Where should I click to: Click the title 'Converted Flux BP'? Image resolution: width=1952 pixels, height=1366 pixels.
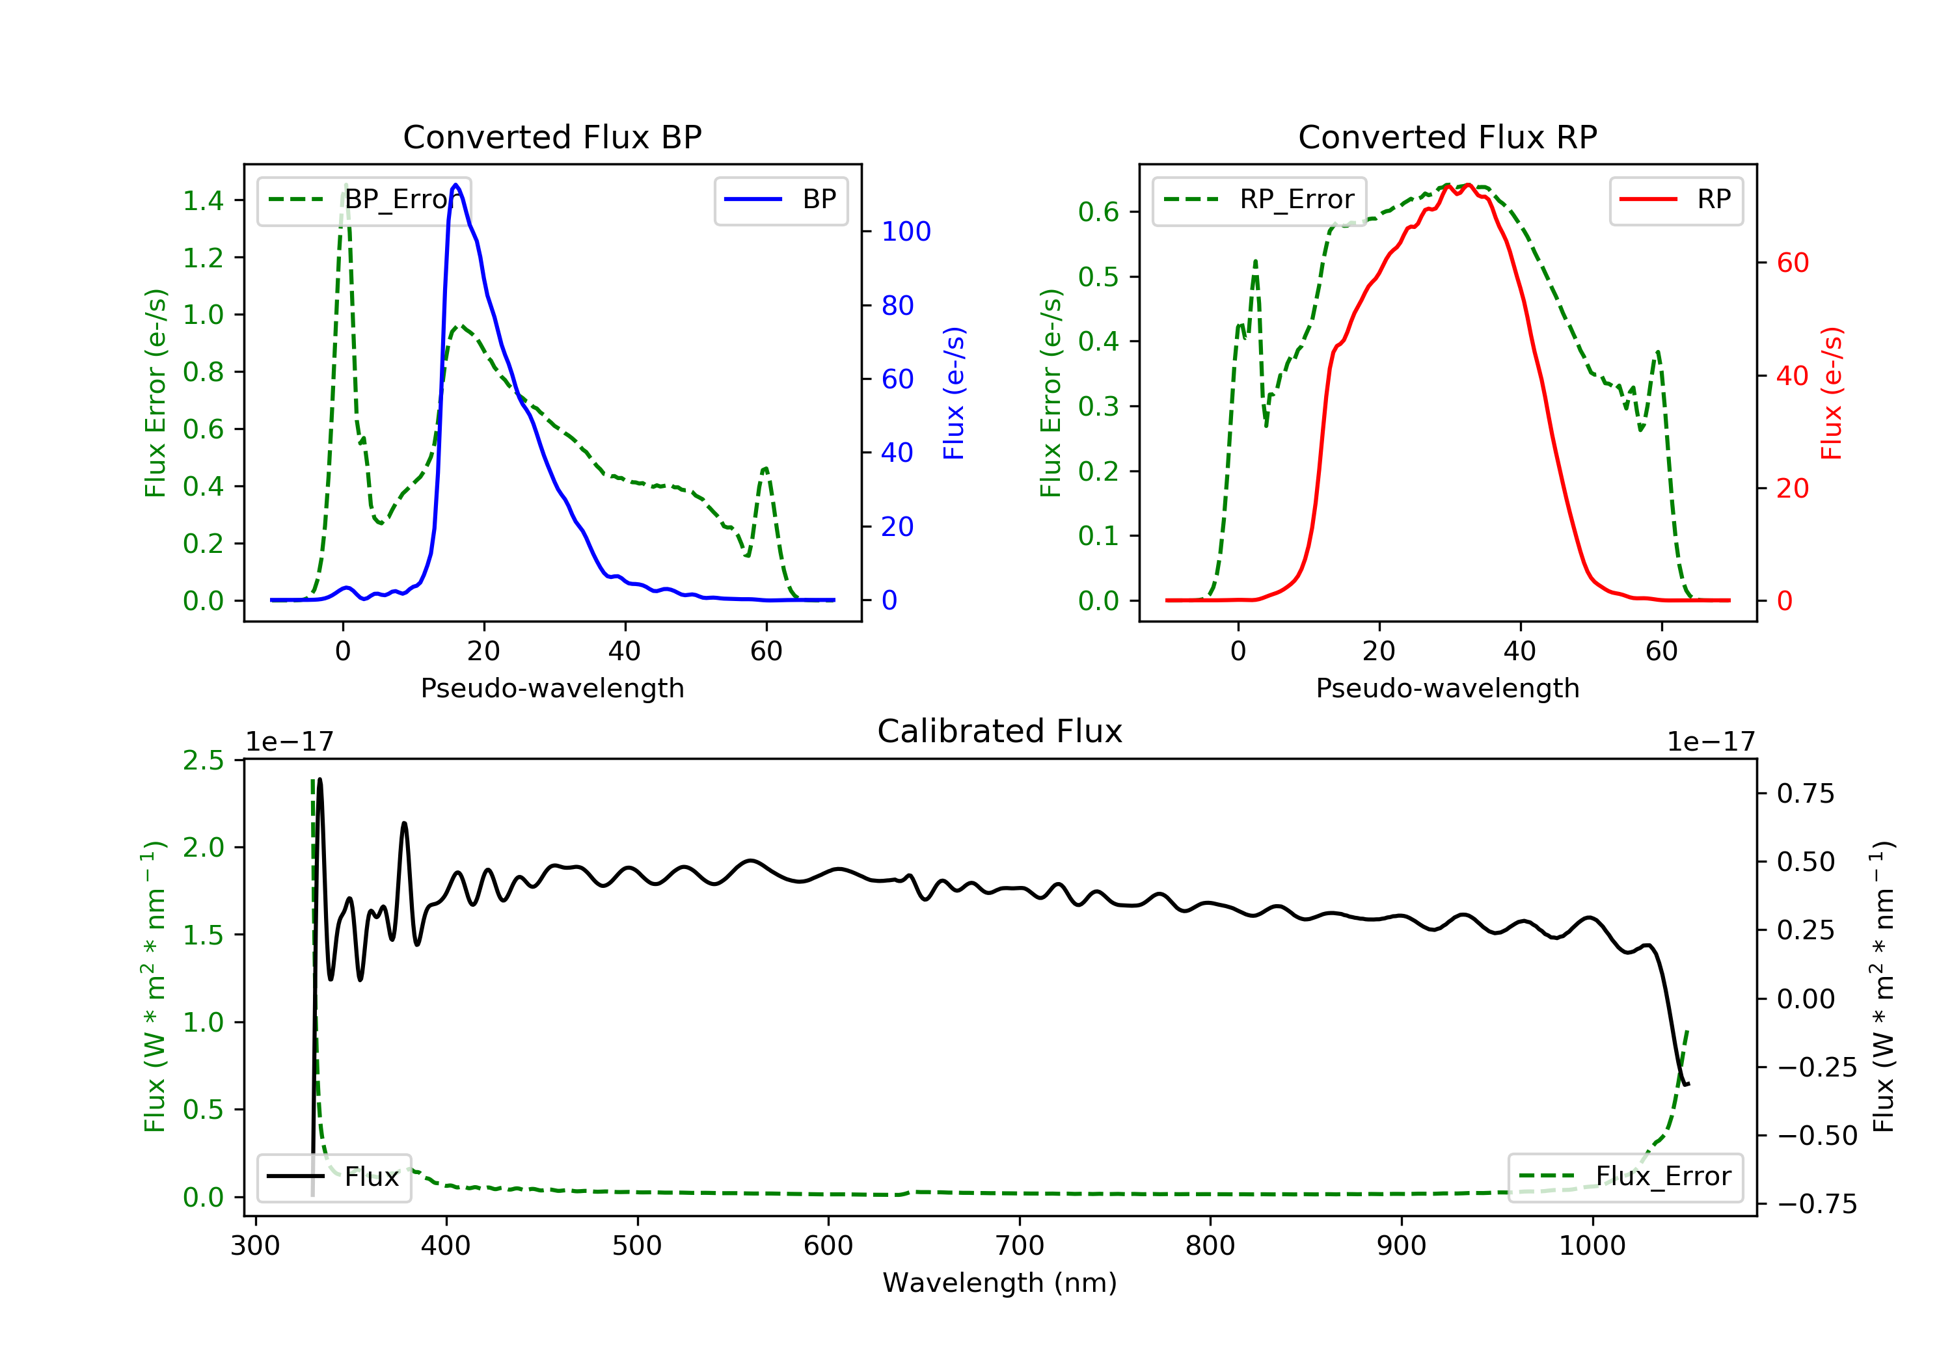(552, 137)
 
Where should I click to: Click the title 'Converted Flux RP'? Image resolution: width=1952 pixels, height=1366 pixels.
(1447, 137)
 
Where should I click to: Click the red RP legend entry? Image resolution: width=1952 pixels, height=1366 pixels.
(1675, 200)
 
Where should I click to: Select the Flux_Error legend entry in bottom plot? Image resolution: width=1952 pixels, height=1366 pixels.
(1625, 1177)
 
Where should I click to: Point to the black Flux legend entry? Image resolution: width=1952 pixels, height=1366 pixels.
(334, 1177)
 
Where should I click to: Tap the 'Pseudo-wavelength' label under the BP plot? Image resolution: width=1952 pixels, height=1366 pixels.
(552, 688)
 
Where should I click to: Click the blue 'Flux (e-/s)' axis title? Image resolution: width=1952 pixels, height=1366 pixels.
(954, 394)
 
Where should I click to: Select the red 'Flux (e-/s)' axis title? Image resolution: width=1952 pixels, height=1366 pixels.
(1831, 394)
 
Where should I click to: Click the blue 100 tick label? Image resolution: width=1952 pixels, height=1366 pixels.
(906, 231)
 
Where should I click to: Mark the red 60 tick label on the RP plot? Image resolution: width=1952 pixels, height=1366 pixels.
(1793, 263)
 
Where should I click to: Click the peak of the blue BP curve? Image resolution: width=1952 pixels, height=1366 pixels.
(455, 185)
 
